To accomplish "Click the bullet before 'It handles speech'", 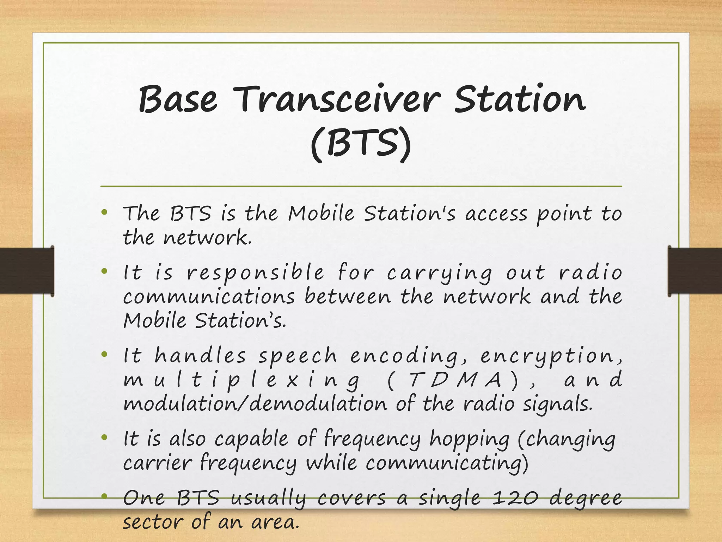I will (104, 354).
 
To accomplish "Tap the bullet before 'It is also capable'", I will (104, 438).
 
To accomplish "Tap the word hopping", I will (469, 440).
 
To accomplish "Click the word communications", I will (209, 296).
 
